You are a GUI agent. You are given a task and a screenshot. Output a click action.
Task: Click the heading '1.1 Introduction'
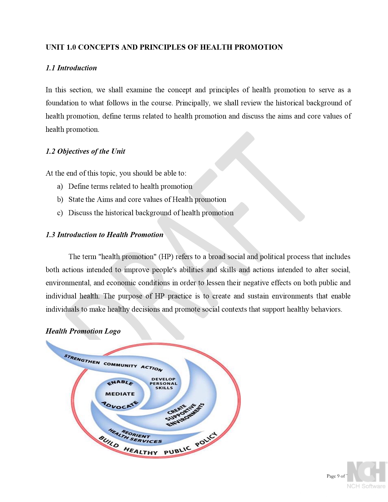71,68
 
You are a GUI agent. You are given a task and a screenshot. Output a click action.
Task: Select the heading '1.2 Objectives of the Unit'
85,151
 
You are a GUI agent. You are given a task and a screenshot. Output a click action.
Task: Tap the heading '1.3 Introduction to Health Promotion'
104,235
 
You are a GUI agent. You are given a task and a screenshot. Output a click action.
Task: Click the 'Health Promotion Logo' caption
83,331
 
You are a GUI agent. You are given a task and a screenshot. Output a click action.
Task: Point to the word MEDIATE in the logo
120,394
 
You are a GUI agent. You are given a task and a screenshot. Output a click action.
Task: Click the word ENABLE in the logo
120,382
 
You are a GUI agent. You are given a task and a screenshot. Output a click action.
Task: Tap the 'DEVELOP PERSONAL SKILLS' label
164,383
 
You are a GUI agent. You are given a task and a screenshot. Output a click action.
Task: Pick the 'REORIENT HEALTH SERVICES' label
135,436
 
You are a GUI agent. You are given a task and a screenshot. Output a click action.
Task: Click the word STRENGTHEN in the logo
82,359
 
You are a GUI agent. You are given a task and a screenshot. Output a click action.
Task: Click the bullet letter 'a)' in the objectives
60,187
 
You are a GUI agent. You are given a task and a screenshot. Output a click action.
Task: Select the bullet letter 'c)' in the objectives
60,213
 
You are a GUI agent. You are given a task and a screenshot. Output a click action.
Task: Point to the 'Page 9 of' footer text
336,476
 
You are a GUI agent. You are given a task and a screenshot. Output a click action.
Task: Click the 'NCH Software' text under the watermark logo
366,486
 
